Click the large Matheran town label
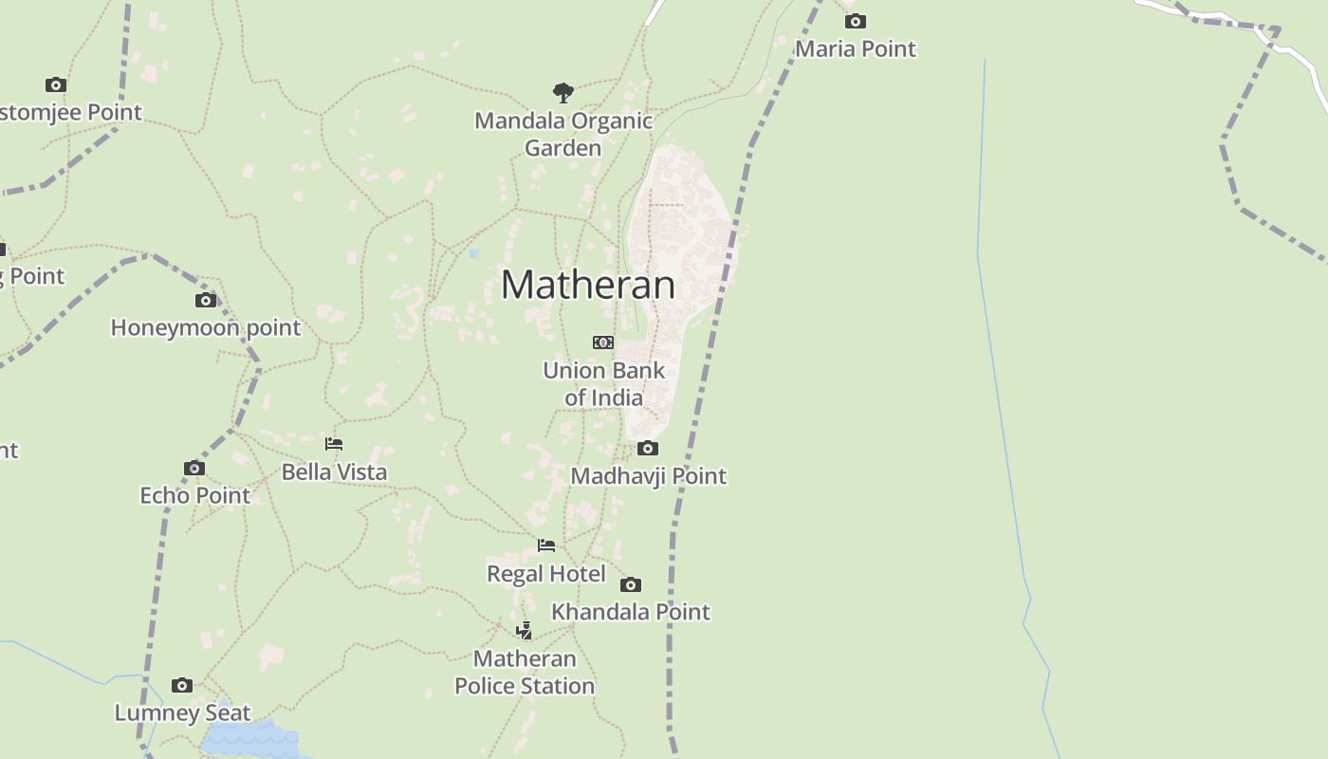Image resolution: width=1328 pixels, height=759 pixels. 588,285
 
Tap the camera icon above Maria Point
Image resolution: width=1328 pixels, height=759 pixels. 855,21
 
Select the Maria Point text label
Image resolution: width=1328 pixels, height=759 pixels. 856,48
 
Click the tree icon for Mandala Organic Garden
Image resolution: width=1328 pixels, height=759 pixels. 563,92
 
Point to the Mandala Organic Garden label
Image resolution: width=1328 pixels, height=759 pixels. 563,134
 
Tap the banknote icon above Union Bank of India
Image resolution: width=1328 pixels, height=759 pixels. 603,342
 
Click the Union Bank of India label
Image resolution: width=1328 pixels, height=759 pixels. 604,383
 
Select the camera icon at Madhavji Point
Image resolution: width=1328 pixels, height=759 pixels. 648,448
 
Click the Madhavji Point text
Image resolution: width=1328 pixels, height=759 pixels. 648,475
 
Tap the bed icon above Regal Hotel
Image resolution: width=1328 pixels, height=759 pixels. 546,546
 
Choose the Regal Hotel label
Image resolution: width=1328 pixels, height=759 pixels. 546,573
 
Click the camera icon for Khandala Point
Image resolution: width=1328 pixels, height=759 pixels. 631,584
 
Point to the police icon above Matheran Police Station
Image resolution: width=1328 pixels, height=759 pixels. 524,631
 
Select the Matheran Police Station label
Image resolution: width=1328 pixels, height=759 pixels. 525,672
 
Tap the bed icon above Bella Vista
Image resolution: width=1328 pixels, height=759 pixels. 334,444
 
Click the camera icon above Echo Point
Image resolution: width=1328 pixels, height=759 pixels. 194,468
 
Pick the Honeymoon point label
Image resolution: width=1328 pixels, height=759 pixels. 206,327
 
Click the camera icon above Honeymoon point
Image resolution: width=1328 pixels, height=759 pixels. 206,300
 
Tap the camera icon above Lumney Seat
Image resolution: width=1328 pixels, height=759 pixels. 182,685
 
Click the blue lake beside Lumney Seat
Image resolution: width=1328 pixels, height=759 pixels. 251,740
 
